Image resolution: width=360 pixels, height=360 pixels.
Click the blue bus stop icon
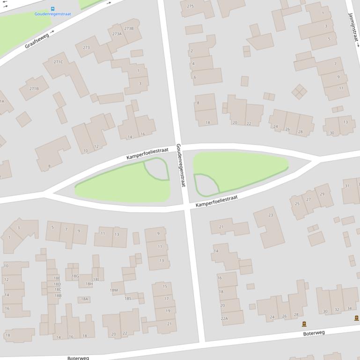(52, 8)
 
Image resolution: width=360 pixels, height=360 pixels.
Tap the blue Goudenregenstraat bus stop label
(52, 14)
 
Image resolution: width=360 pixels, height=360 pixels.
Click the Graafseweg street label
(37, 41)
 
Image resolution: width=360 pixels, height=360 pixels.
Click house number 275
(191, 6)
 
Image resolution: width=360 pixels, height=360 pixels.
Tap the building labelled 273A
(117, 34)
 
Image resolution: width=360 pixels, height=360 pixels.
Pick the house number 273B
(129, 29)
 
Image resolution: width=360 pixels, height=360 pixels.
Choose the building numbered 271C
(58, 62)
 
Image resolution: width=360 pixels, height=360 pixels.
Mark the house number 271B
(34, 88)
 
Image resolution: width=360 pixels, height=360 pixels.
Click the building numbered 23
(271, 215)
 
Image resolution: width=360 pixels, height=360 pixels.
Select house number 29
(322, 194)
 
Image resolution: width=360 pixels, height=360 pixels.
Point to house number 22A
(224, 318)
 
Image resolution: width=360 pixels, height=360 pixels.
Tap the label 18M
(114, 290)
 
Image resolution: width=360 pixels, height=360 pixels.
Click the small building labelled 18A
(84, 299)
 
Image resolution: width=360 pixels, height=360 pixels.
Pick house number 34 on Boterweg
(349, 309)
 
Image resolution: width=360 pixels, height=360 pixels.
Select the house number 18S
(128, 298)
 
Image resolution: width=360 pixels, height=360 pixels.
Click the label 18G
(75, 276)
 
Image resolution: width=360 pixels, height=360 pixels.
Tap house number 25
(297, 204)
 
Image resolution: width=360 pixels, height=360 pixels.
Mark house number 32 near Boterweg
(337, 310)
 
